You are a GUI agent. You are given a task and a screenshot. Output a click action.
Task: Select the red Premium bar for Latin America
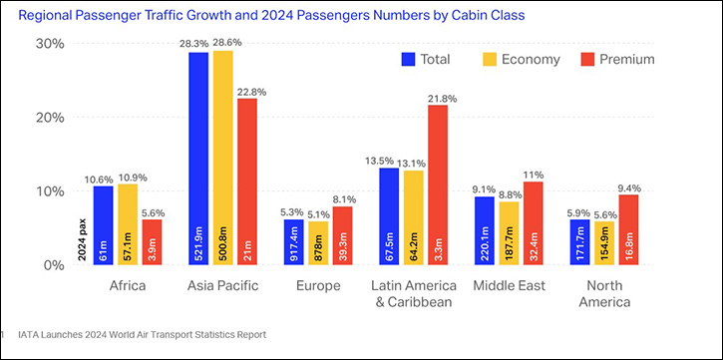click(x=438, y=184)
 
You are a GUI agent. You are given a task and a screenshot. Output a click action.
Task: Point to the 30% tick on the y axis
click(x=49, y=44)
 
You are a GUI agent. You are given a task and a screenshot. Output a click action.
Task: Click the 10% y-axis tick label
click(x=49, y=190)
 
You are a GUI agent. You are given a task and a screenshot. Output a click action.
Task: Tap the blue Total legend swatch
click(x=408, y=59)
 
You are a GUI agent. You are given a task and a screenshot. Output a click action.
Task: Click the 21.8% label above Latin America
click(x=439, y=98)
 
